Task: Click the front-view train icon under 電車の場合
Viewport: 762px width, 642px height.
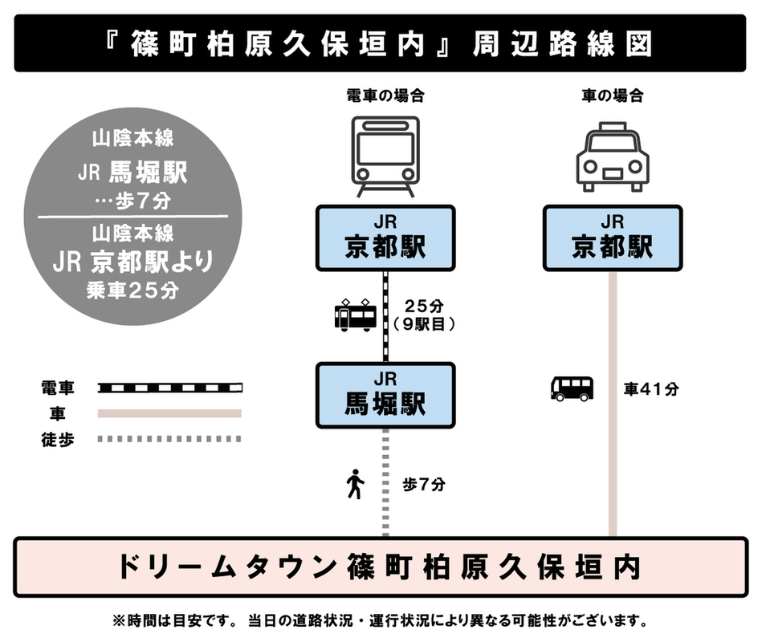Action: click(x=385, y=156)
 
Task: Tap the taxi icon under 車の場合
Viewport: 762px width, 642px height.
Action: click(x=613, y=156)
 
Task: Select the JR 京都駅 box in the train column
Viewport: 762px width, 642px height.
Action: click(x=385, y=238)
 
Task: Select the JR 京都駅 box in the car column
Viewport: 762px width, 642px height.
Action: click(x=613, y=238)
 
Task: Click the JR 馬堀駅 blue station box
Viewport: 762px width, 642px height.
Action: click(x=385, y=396)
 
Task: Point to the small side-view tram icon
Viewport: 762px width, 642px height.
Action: click(x=356, y=315)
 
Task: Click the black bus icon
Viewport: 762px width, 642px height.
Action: click(x=572, y=388)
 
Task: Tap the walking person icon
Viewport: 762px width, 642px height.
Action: click(x=355, y=484)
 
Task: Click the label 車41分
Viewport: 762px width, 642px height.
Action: click(x=651, y=389)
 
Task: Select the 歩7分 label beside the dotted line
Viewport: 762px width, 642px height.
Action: click(x=424, y=484)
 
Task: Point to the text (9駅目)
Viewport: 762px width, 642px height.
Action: click(x=424, y=324)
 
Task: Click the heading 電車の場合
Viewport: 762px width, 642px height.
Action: click(x=385, y=95)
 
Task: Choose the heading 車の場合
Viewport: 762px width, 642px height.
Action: click(x=613, y=95)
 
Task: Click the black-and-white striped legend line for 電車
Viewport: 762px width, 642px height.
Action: click(x=170, y=388)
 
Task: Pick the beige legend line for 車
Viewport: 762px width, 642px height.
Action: click(x=169, y=414)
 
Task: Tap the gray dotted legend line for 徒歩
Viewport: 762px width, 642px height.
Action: click(x=169, y=439)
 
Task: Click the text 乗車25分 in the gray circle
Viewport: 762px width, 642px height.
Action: click(x=132, y=291)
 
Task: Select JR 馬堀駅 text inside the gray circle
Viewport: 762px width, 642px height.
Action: click(x=132, y=173)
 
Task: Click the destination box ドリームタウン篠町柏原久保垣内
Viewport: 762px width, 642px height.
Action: click(x=381, y=567)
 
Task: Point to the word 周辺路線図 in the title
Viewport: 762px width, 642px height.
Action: click(x=562, y=43)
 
